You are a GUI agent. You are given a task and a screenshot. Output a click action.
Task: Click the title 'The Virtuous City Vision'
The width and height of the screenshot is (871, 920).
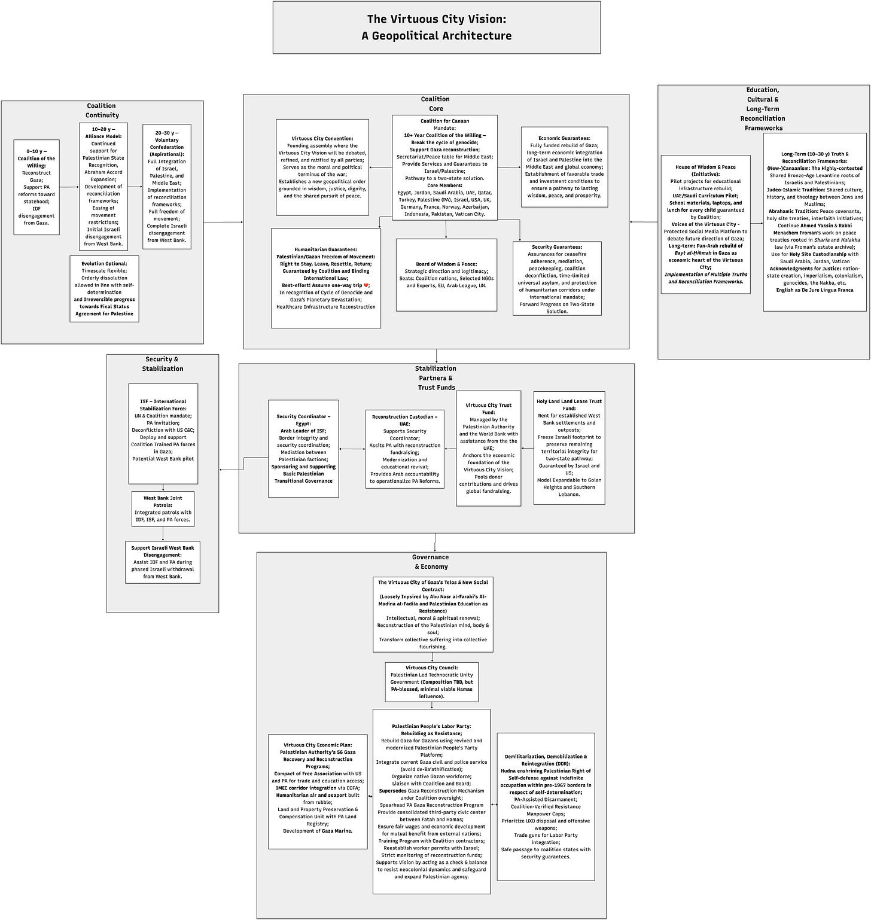pos(436,20)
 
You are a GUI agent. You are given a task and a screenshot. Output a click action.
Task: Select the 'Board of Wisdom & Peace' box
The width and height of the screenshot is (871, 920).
pos(446,275)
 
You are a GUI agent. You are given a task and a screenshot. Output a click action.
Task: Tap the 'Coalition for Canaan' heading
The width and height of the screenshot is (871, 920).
pos(444,121)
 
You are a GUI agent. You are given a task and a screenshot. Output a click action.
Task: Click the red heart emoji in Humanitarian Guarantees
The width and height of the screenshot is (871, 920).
pos(367,285)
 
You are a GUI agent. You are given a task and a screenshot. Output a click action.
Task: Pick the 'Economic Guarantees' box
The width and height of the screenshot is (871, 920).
pos(564,167)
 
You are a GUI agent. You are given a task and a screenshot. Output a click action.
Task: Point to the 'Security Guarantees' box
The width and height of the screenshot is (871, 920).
pos(557,279)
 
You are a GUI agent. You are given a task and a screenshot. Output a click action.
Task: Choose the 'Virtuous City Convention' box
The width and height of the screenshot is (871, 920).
pos(322,167)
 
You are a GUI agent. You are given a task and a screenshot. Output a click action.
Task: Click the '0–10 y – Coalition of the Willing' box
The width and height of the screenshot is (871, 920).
pos(36,187)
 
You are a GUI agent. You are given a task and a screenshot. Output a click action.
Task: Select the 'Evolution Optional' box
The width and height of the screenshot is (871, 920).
pos(104,289)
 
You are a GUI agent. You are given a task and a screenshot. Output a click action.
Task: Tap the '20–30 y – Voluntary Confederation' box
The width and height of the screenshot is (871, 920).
pos(167,187)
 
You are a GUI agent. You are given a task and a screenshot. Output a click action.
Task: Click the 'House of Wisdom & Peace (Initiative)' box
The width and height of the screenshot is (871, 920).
pos(705,224)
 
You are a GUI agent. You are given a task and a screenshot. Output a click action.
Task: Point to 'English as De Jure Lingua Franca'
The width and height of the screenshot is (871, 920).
pos(814,290)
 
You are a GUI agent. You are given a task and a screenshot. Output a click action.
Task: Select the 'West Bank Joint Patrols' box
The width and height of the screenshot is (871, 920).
pos(163,509)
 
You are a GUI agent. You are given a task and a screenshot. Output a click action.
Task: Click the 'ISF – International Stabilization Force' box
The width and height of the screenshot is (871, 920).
pos(163,434)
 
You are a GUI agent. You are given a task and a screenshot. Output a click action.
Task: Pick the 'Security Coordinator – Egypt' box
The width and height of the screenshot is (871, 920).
pos(303,449)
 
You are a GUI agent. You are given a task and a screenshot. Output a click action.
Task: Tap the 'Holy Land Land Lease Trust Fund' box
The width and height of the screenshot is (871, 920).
pos(569,447)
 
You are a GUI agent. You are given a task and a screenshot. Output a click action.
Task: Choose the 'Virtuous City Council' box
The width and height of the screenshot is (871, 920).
pos(431,681)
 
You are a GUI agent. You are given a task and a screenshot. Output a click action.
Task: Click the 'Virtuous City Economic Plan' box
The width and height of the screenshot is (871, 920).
pos(318,791)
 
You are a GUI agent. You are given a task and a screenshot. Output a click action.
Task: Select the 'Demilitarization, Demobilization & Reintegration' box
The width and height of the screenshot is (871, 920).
pos(546,806)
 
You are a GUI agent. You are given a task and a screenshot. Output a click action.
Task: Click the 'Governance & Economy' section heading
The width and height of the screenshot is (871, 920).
pos(431,562)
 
